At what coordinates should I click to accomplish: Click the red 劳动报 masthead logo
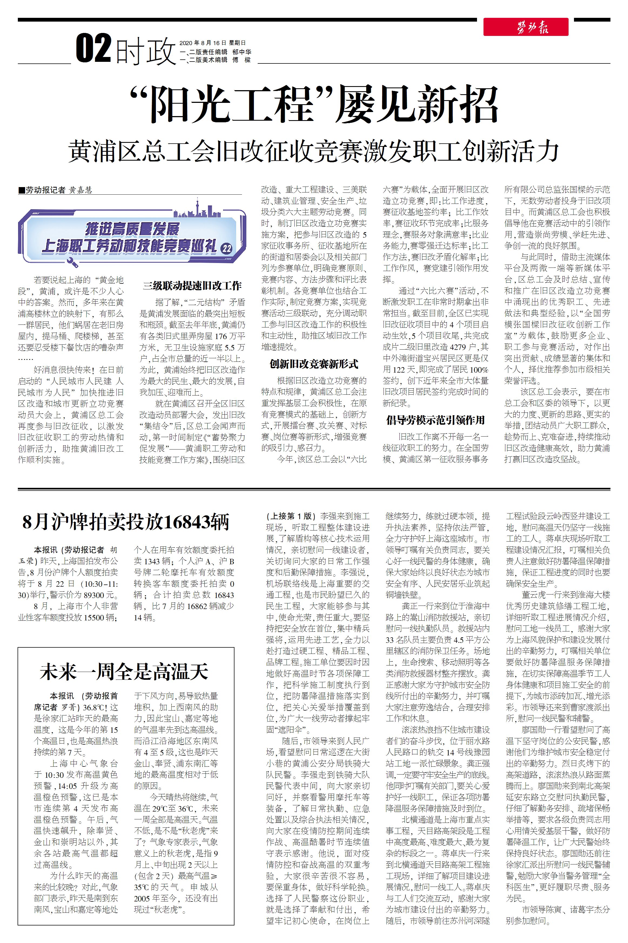click(x=525, y=27)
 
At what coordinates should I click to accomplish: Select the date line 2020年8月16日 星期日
click(x=212, y=43)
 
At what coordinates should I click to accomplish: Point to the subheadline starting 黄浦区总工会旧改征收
click(x=314, y=151)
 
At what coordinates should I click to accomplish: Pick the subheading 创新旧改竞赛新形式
click(x=314, y=364)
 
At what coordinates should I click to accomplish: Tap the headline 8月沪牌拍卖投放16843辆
click(x=126, y=522)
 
